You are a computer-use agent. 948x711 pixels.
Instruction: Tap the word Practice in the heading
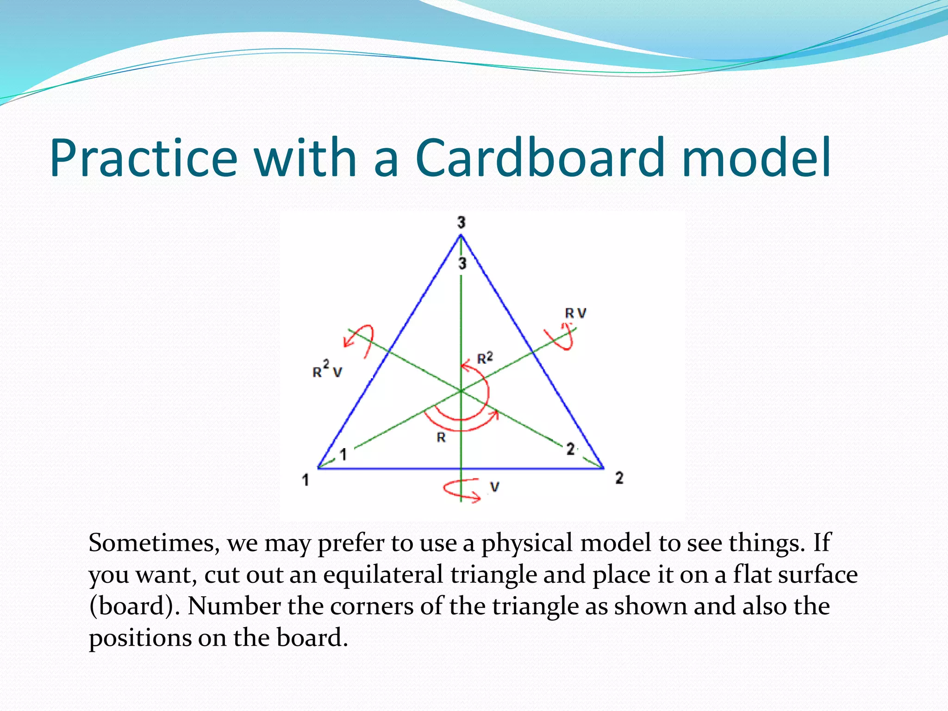[x=143, y=158]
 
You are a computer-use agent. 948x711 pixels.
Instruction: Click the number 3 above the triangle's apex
[x=461, y=223]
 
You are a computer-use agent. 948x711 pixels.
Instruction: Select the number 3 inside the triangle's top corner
[x=462, y=264]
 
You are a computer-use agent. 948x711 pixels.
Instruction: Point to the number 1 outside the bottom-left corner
[x=306, y=480]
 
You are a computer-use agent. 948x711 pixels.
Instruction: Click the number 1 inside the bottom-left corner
[x=343, y=455]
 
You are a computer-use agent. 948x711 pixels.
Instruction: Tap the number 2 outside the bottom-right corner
[x=619, y=478]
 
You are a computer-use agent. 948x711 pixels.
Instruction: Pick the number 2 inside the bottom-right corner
[x=571, y=449]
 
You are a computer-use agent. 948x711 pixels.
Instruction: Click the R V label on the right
[x=575, y=313]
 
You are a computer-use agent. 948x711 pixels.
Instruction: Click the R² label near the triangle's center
[x=485, y=358]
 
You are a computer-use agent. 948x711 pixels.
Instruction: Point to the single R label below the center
[x=441, y=437]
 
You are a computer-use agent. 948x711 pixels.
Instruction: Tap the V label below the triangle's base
[x=495, y=487]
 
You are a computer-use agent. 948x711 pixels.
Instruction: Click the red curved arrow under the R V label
[x=561, y=337]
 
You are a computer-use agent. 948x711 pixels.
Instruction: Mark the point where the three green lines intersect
[x=461, y=391]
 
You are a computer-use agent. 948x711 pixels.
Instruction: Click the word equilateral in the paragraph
[x=383, y=575]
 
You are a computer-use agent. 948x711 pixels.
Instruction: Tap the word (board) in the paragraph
[x=134, y=606]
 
